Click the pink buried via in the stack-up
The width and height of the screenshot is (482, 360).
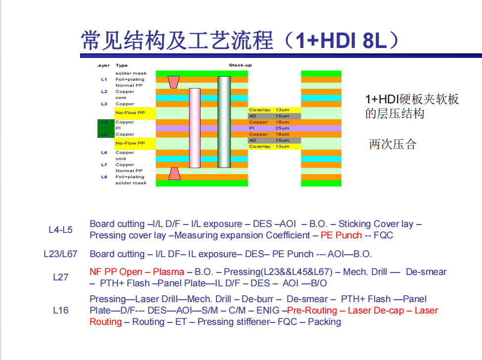(x=194, y=128)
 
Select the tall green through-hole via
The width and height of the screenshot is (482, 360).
(x=224, y=122)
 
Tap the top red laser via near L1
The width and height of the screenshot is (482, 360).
(x=174, y=82)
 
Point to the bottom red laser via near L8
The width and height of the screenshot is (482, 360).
(x=174, y=174)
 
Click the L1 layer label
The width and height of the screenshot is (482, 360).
(x=104, y=80)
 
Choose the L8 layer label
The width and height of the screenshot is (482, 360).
(x=104, y=177)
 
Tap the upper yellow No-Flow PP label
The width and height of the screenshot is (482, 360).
(x=130, y=113)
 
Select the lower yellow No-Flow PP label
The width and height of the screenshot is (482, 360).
(x=130, y=143)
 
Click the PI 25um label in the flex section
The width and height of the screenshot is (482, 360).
(x=269, y=128)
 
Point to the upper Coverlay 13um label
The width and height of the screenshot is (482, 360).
(x=269, y=110)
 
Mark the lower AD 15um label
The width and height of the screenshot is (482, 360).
(x=269, y=140)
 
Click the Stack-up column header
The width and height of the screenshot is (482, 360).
(x=241, y=65)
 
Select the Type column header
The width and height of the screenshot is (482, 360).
(x=121, y=65)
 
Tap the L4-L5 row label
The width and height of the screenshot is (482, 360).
(x=60, y=230)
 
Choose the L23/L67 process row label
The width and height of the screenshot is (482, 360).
(x=60, y=254)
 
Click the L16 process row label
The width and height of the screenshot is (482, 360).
(x=60, y=310)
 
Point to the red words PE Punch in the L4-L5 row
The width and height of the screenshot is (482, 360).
(x=341, y=235)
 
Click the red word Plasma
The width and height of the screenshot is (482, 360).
(x=168, y=272)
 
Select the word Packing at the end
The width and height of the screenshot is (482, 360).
(x=324, y=322)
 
